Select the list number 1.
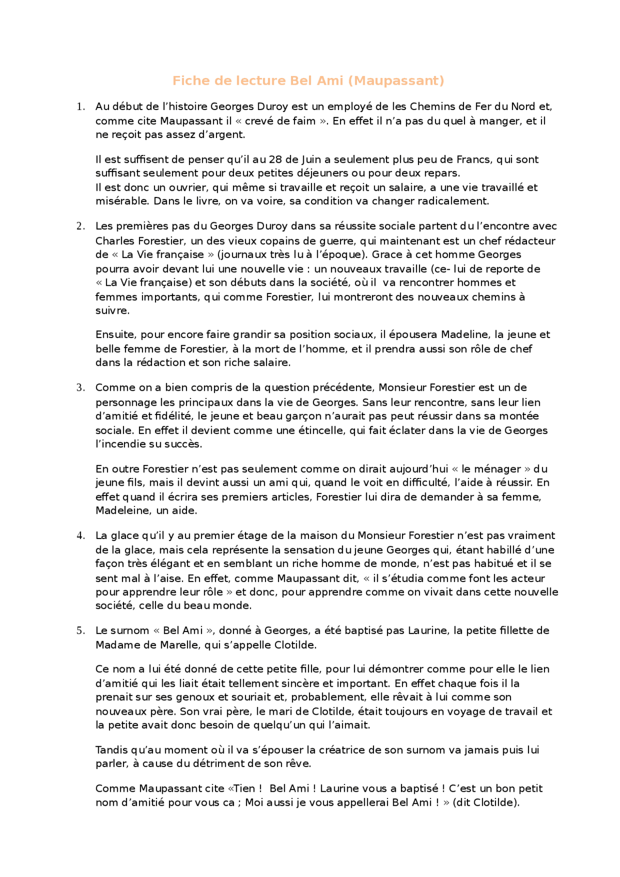click(x=80, y=107)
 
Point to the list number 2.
click(x=80, y=226)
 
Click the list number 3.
click(x=80, y=387)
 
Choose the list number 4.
click(x=80, y=536)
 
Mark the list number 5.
click(x=80, y=631)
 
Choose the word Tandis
click(x=110, y=750)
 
